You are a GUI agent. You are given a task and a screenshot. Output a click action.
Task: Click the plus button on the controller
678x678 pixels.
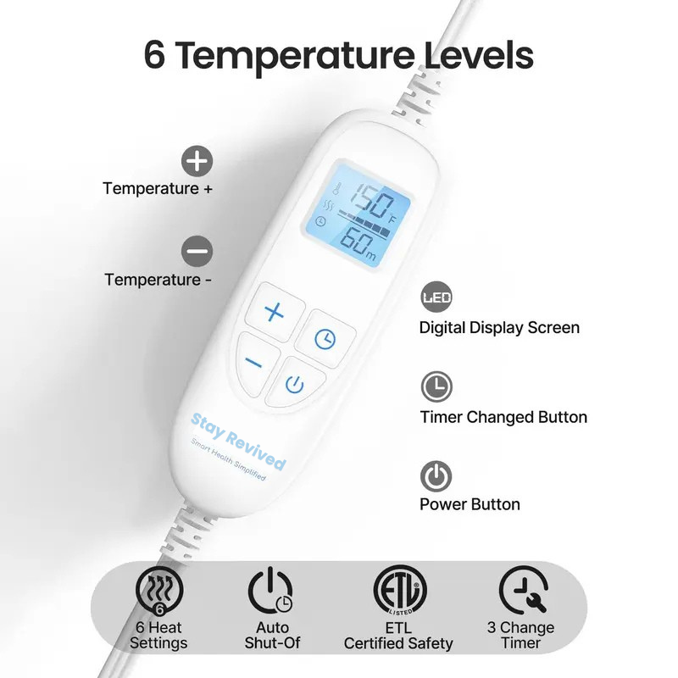274,312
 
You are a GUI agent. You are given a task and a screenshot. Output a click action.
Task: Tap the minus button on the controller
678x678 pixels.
255,362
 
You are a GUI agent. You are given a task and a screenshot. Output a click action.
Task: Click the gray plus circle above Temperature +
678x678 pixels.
198,160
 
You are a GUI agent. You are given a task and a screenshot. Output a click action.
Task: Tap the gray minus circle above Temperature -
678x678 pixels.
198,251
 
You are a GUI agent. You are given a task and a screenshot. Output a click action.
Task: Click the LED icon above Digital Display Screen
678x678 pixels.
436,298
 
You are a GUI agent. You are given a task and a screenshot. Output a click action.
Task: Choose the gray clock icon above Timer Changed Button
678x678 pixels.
436,387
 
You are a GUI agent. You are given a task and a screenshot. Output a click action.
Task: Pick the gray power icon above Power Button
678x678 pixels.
436,476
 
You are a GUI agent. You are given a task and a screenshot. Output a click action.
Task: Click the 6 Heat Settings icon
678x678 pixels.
159,591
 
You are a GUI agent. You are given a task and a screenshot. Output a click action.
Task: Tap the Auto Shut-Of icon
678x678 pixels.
271,591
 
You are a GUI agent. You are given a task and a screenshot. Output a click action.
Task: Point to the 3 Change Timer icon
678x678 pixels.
523,590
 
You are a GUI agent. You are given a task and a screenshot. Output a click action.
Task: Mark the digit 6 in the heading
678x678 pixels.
154,56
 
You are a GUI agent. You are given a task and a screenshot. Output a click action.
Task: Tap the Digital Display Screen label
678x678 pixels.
499,328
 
